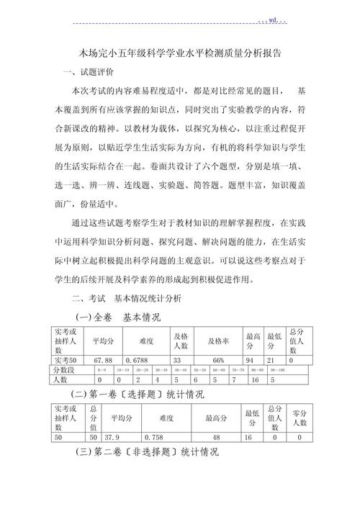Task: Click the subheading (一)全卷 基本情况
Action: (x=118, y=317)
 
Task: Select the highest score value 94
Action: (x=253, y=360)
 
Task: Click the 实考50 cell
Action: (x=66, y=360)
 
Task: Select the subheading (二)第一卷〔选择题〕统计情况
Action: (x=138, y=395)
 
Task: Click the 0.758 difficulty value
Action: (x=154, y=436)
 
